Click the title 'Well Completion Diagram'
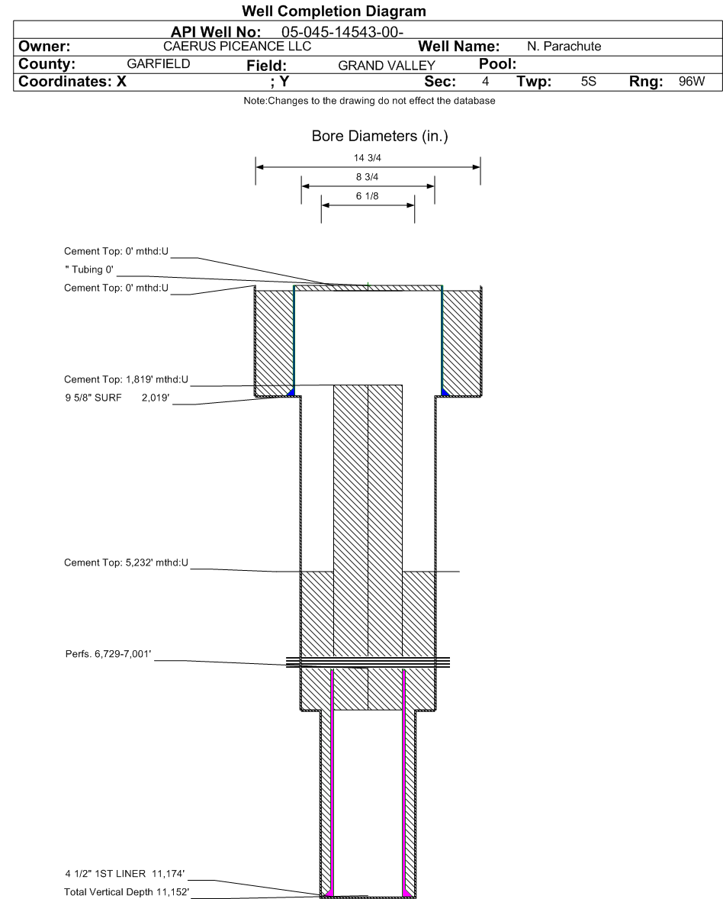point(334,11)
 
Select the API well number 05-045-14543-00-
point(342,32)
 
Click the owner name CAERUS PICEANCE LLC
point(237,47)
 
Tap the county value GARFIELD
point(158,63)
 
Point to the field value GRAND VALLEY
point(387,66)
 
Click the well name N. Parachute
point(564,47)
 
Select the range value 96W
point(692,81)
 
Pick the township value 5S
point(588,81)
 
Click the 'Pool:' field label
point(497,63)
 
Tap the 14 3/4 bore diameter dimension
point(368,158)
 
